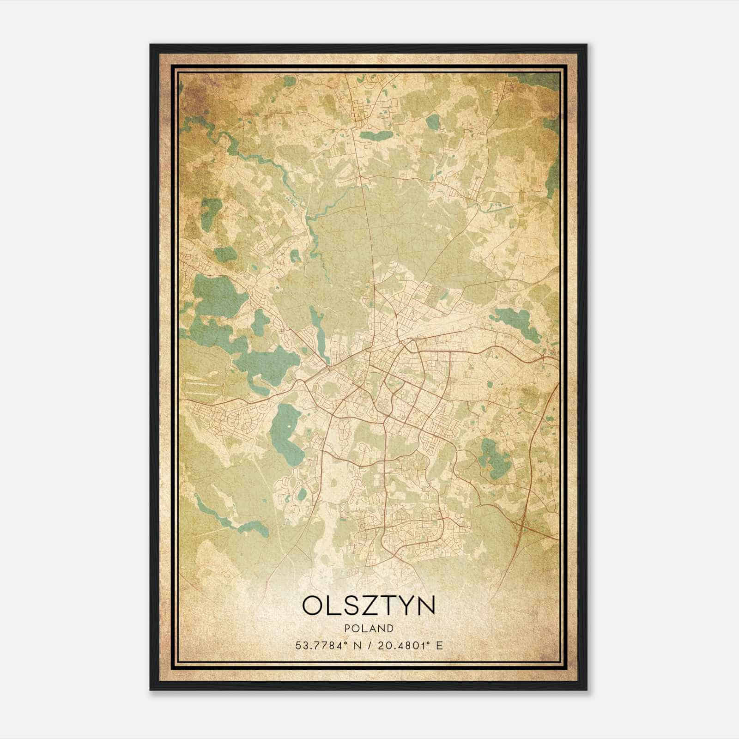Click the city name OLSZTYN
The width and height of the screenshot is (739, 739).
[369, 606]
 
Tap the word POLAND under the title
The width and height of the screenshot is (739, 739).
[369, 628]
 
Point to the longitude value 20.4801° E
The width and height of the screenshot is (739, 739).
[408, 645]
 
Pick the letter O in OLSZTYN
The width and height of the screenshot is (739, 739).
[313, 606]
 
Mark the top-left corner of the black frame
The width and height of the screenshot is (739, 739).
[151, 45]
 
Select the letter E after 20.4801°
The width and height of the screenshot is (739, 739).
[440, 645]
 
